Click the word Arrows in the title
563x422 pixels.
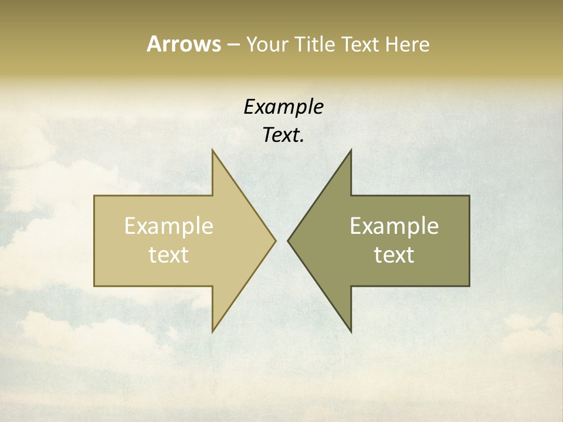pos(184,44)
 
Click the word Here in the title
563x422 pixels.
pos(407,44)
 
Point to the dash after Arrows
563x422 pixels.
pos(233,45)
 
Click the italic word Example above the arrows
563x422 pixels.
pos(283,107)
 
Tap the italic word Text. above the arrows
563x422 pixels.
pos(283,135)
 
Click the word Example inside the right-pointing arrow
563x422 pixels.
pos(169,226)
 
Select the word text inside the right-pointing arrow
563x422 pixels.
pos(169,254)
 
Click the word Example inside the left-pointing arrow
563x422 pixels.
pos(394,226)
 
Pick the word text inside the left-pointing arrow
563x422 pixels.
pos(394,254)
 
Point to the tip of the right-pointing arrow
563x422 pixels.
pos(275,240)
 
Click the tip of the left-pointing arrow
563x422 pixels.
pos(288,240)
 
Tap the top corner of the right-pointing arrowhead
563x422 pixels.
pos(212,150)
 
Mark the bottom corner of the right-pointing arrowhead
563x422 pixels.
pos(212,332)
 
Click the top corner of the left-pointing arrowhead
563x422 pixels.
pos(351,150)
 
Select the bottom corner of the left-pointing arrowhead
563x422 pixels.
pos(351,332)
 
